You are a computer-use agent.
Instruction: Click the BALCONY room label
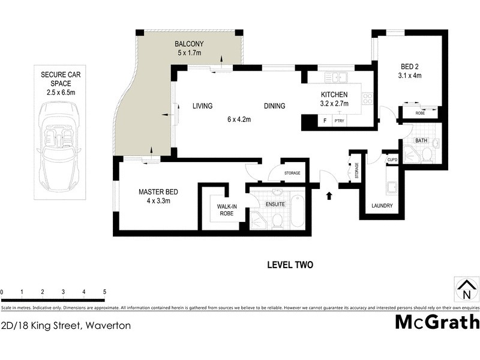click(x=189, y=44)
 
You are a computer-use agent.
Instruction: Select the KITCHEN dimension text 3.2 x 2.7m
click(x=335, y=104)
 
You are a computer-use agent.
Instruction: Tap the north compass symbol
click(x=466, y=291)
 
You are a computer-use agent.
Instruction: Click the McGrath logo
click(x=437, y=322)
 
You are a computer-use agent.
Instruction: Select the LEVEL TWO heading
click(x=290, y=265)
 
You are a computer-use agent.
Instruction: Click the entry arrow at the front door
click(x=329, y=195)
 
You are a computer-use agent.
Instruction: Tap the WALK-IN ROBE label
click(x=227, y=209)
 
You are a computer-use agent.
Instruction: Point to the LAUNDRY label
click(x=382, y=206)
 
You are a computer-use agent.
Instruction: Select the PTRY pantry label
click(x=340, y=121)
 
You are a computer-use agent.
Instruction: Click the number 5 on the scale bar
click(x=105, y=292)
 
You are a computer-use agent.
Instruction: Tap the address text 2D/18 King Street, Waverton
click(x=65, y=325)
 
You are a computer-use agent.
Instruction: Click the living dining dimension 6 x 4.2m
click(x=238, y=119)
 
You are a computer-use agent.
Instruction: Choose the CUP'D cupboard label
click(x=392, y=160)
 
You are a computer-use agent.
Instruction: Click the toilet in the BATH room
click(x=427, y=155)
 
